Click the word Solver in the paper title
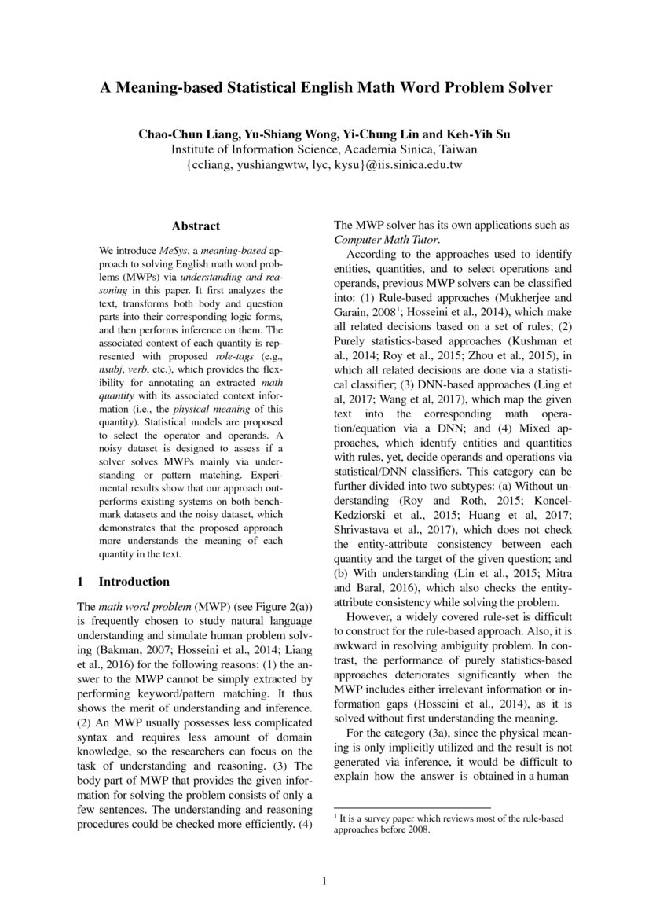click(x=524, y=88)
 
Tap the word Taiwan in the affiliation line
click(x=456, y=149)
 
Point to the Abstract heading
click(x=196, y=226)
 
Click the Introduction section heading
click(x=133, y=582)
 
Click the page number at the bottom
click(x=324, y=881)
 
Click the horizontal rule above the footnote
click(x=412, y=807)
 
